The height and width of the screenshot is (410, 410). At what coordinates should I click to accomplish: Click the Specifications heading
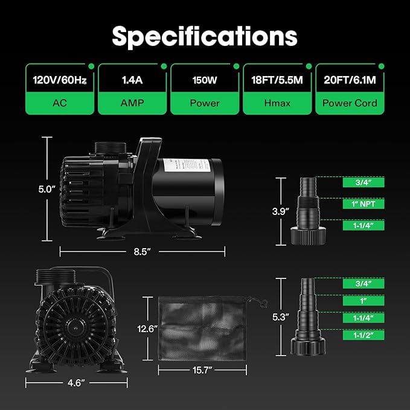point(205,37)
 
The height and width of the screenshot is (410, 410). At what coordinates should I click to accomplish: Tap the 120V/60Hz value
point(60,80)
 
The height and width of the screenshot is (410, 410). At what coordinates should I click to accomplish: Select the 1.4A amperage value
point(132,80)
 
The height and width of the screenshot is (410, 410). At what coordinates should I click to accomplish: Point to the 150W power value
point(205,80)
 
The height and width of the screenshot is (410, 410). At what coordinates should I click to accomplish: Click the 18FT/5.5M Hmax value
point(277,80)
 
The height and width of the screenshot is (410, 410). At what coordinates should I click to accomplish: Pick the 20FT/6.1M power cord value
point(350,80)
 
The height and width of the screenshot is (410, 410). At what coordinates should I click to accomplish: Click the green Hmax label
point(277,103)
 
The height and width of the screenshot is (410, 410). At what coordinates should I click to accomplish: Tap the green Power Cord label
point(350,103)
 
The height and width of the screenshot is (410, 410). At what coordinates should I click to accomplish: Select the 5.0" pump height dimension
point(47,189)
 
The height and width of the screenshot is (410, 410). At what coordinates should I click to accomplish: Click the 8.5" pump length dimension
point(143,252)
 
